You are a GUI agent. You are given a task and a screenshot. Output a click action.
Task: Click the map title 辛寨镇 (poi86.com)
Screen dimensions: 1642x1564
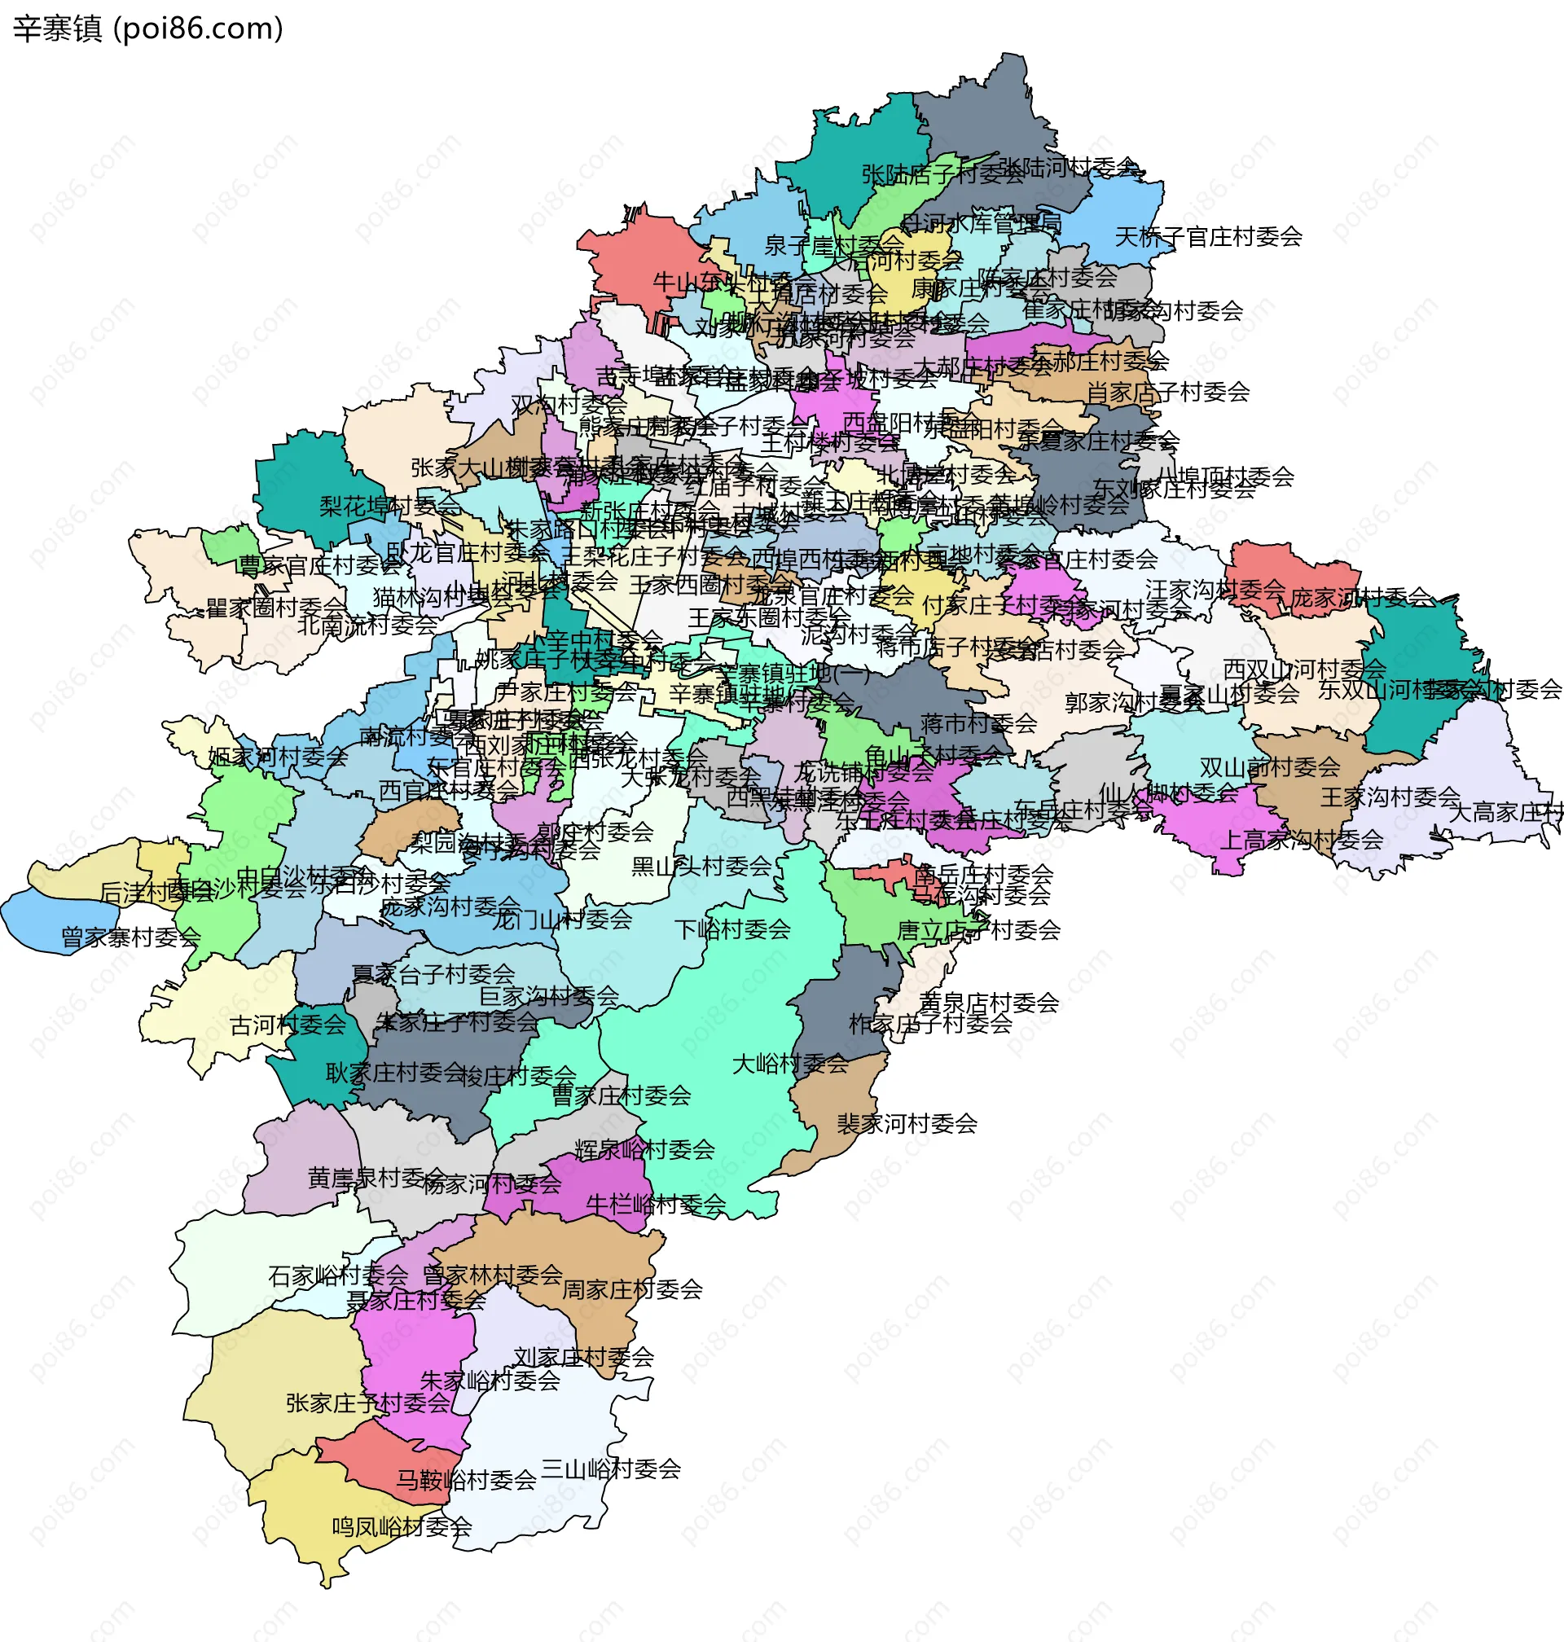(147, 29)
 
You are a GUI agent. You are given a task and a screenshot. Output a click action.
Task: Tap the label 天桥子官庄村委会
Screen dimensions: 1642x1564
(1208, 237)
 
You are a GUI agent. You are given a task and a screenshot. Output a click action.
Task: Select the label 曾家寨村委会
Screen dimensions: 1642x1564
(131, 937)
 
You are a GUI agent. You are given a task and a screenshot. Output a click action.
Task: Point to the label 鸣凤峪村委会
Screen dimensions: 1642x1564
(402, 1526)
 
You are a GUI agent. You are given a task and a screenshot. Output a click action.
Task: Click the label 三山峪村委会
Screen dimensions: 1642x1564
(610, 1468)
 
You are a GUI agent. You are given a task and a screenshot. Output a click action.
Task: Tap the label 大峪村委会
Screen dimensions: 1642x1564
(789, 1064)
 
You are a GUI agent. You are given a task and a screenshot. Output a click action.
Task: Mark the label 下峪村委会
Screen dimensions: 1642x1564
(732, 929)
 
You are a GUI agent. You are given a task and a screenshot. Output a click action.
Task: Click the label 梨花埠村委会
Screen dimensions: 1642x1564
(389, 505)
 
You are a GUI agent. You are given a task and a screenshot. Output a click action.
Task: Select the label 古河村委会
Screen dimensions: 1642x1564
(288, 1025)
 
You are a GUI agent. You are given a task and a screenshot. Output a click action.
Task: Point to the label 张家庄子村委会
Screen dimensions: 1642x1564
(367, 1403)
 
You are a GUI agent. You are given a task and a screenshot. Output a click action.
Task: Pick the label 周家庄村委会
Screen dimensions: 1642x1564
(632, 1289)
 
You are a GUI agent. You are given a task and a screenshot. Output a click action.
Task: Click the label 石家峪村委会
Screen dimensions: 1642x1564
(337, 1275)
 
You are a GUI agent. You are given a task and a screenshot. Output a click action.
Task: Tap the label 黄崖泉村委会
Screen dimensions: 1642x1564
(377, 1177)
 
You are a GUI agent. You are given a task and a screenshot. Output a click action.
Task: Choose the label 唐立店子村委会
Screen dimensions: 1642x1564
(978, 929)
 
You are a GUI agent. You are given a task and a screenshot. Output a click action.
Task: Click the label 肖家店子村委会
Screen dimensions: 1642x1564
(1167, 391)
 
